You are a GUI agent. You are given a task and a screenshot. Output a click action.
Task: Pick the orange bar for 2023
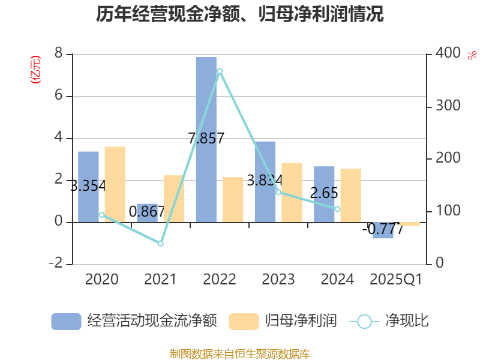tap(292, 192)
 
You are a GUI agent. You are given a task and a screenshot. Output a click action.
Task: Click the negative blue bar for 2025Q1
tap(383, 230)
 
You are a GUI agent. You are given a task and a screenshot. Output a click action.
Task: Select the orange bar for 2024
tap(350, 195)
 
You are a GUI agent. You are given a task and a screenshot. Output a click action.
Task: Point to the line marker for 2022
tap(220, 71)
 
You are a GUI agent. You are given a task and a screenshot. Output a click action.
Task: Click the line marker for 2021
tap(161, 244)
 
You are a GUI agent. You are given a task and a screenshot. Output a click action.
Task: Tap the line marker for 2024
tap(337, 209)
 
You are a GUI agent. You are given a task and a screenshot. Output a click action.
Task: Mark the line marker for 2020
tap(101, 215)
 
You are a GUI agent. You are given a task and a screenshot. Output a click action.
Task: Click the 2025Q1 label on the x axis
tap(396, 279)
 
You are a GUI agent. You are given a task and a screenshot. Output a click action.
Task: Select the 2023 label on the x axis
tap(278, 279)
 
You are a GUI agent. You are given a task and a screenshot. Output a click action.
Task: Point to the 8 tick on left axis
tap(58, 54)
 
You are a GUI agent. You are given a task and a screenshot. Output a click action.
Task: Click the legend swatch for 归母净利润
tap(244, 321)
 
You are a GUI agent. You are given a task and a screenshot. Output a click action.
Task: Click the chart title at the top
tap(240, 14)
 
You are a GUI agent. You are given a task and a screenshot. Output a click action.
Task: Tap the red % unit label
tap(472, 55)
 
